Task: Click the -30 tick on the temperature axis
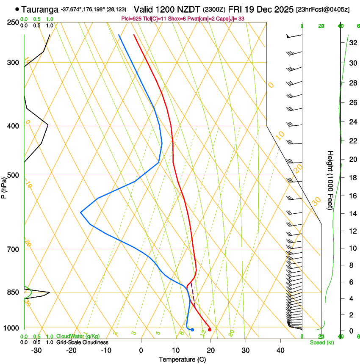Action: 36,350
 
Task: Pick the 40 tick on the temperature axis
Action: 280,350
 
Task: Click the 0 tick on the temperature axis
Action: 141,350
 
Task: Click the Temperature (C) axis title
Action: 182,359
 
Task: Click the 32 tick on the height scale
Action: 352,43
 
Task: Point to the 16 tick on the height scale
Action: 352,196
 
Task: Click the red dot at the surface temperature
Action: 210,329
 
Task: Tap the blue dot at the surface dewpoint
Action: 192,329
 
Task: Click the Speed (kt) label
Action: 321,342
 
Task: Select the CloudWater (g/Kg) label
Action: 78,336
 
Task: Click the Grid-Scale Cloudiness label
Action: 82,342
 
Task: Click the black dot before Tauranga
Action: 17,9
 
